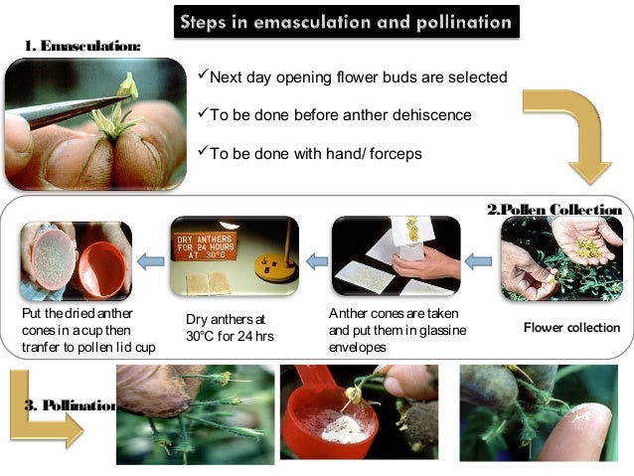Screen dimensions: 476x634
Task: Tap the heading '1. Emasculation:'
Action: pos(81,47)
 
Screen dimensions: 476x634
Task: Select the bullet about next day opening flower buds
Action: pos(352,77)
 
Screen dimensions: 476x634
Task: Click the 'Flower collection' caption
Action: pos(571,328)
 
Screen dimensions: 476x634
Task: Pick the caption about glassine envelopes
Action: pos(389,330)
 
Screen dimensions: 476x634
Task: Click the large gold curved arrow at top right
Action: pos(567,130)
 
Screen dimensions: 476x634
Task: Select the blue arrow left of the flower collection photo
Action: pos(478,260)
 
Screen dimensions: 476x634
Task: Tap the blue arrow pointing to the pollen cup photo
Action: pos(150,260)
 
